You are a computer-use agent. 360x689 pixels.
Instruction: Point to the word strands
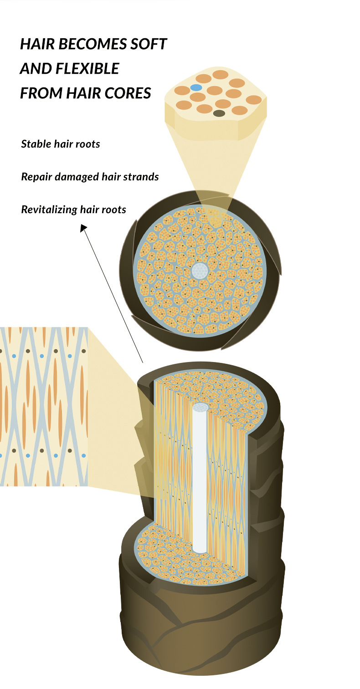pos(143,177)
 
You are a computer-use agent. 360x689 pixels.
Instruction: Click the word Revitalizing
pos(49,210)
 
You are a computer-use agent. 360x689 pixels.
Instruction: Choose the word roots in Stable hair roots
pos(87,144)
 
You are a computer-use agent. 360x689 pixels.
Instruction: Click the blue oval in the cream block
pos(196,87)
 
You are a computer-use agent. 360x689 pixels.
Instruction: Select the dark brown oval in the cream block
pos(219,113)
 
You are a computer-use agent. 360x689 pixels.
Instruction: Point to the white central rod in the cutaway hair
pos(200,478)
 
